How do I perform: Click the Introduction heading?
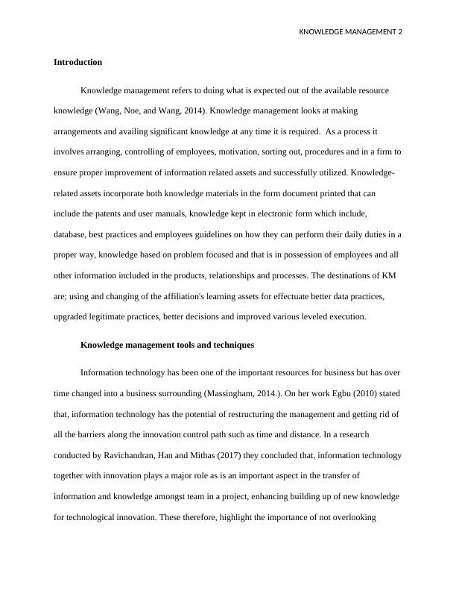(x=77, y=62)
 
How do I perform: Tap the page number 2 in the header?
(x=399, y=32)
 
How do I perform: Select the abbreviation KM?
(x=388, y=275)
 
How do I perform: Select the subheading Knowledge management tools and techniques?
(x=167, y=345)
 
